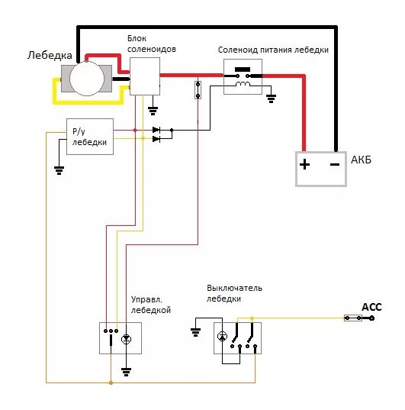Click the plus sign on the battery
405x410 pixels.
pyautogui.click(x=304, y=164)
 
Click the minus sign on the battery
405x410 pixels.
pyautogui.click(x=335, y=164)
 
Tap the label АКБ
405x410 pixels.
pyautogui.click(x=361, y=160)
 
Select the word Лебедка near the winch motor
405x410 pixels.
pyautogui.click(x=50, y=56)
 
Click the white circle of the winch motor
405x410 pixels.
pyautogui.click(x=87, y=79)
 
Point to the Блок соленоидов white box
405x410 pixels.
pyautogui.click(x=145, y=76)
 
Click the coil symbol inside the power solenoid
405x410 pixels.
pyautogui.click(x=243, y=84)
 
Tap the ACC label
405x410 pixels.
pyautogui.click(x=371, y=307)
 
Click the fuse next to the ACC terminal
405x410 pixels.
pyautogui.click(x=353, y=318)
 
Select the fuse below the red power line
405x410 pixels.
pyautogui.click(x=198, y=90)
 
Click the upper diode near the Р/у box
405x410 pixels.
pyautogui.click(x=156, y=130)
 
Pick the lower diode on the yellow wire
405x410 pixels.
pyautogui.click(x=156, y=139)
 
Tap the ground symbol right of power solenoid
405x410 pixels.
pyautogui.click(x=271, y=98)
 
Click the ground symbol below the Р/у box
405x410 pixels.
pyautogui.click(x=59, y=170)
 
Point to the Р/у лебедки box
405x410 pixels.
pyautogui.click(x=90, y=137)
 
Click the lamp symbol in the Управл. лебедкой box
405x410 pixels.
pyautogui.click(x=126, y=339)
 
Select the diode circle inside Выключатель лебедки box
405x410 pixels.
pyautogui.click(x=222, y=336)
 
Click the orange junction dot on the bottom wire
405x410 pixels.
pyautogui.click(x=111, y=383)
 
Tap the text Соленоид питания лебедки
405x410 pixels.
pyautogui.click(x=273, y=50)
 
